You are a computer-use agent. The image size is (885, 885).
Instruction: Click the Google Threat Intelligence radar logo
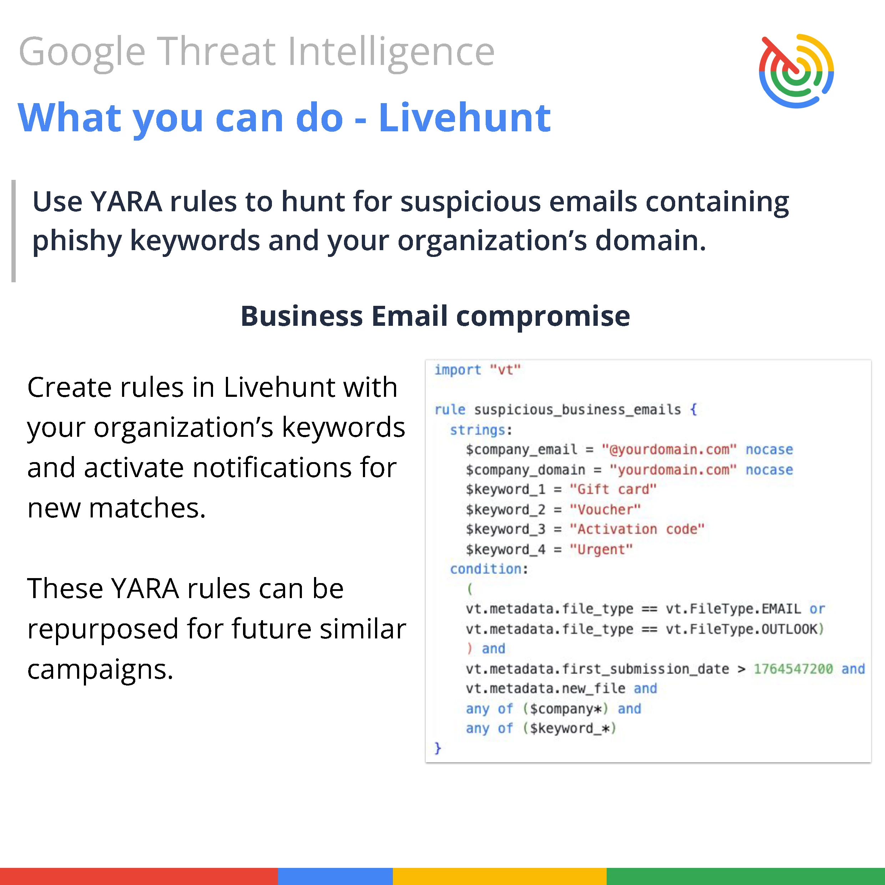tap(796, 71)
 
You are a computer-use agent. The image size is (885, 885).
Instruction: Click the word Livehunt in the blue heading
tap(465, 118)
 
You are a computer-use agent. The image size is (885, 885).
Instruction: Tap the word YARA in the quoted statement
tap(126, 202)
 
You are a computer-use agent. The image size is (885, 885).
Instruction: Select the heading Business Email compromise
tap(435, 316)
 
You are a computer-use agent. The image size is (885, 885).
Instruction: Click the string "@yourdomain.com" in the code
tap(669, 449)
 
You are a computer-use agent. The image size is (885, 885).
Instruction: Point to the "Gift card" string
tap(613, 489)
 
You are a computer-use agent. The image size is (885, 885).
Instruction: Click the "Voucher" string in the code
tap(605, 509)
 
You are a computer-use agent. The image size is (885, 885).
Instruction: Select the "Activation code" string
tap(637, 529)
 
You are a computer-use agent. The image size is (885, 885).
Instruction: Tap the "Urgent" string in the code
tap(601, 549)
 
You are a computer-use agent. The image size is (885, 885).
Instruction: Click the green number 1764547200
tap(793, 669)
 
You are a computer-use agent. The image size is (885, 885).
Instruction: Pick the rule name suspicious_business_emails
tap(578, 410)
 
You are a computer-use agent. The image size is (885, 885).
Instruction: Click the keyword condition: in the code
tap(489, 569)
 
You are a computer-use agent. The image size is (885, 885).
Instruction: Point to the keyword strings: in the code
tap(481, 430)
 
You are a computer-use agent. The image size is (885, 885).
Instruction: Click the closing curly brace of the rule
tap(438, 748)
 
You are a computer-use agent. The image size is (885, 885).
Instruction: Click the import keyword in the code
tap(457, 370)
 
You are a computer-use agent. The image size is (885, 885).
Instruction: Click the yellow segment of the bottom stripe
tap(500, 876)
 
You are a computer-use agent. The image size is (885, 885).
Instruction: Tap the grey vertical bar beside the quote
tap(14, 231)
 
